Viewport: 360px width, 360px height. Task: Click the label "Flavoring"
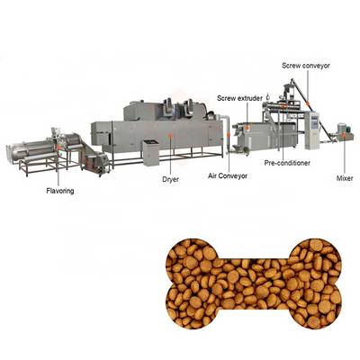click(x=60, y=191)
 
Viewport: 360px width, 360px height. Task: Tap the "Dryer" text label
click(x=170, y=179)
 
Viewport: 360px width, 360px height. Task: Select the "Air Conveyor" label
click(x=228, y=175)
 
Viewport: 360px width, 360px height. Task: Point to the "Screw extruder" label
click(x=239, y=98)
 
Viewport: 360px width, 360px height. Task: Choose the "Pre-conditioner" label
click(x=287, y=163)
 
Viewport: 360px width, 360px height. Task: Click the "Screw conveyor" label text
click(x=306, y=66)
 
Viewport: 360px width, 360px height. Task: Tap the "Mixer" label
click(x=345, y=178)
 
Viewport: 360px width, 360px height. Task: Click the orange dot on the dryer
click(x=171, y=135)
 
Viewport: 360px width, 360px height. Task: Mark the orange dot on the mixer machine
click(x=344, y=135)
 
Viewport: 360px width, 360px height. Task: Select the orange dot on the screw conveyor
click(x=307, y=103)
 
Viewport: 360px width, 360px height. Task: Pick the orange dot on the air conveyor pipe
click(x=229, y=135)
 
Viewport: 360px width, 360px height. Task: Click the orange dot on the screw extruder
click(x=247, y=127)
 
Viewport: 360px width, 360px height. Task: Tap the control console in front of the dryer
click(x=151, y=153)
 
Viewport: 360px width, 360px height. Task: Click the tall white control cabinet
click(x=312, y=130)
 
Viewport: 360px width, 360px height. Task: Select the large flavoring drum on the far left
click(x=29, y=151)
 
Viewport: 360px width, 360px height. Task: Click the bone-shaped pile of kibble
click(x=254, y=283)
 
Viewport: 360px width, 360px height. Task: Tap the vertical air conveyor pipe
click(x=229, y=133)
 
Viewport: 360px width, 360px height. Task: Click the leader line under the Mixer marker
click(x=345, y=156)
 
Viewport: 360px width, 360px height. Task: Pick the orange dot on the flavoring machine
click(x=59, y=148)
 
